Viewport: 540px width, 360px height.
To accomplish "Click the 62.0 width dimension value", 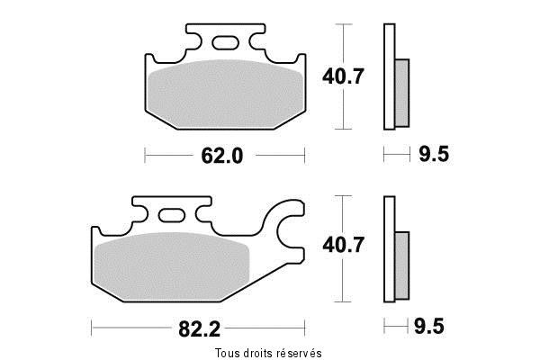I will point(220,156).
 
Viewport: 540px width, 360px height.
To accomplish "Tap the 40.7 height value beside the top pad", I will point(343,76).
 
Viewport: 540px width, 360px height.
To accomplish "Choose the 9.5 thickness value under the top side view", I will point(434,155).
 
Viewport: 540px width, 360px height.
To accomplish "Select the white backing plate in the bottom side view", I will point(389,247).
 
